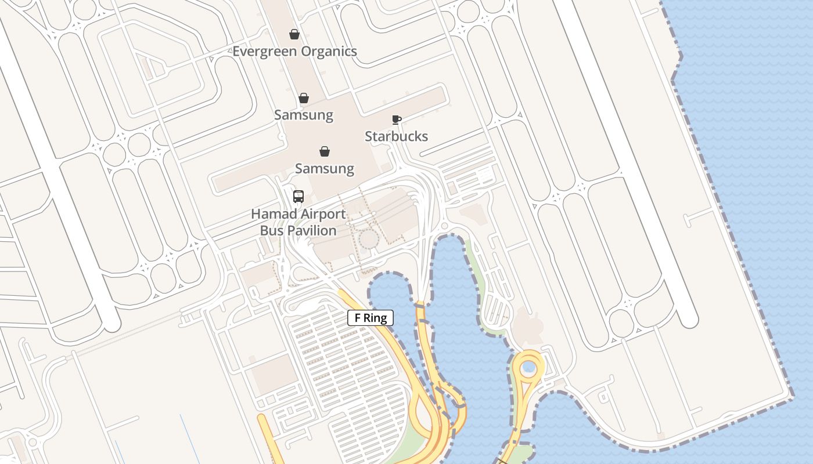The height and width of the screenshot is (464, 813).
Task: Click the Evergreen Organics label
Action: [294, 52]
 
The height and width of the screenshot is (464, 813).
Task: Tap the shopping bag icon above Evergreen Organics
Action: [294, 35]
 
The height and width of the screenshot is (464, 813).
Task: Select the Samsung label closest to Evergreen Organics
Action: [304, 115]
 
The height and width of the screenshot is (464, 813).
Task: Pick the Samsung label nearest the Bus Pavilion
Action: [325, 169]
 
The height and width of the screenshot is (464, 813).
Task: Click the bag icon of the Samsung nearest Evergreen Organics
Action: [304, 98]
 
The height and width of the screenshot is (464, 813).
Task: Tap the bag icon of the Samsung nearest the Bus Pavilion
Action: [325, 152]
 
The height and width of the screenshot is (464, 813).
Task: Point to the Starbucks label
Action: [396, 137]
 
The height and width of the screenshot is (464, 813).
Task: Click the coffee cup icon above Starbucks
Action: [396, 120]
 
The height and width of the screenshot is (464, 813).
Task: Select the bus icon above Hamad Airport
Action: [298, 197]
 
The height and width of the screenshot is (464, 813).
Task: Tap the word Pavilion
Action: [314, 231]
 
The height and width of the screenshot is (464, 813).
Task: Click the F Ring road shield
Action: [370, 318]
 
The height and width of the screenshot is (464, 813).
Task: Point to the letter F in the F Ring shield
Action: [358, 318]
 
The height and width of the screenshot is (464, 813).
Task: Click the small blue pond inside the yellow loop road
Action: [528, 367]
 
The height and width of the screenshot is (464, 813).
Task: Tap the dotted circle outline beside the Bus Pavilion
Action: [368, 239]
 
